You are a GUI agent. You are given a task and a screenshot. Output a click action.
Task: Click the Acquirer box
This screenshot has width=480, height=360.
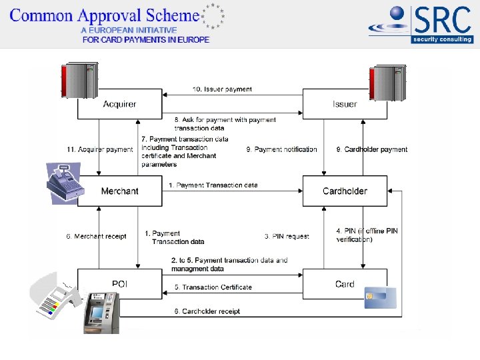120,104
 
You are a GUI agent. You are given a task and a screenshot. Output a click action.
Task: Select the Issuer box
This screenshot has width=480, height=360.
345,104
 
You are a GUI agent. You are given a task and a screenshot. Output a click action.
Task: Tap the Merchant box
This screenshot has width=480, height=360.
120,191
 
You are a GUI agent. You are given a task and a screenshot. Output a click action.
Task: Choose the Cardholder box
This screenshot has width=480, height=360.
345,191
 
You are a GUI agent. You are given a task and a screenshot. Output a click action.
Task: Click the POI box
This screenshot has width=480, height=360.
120,284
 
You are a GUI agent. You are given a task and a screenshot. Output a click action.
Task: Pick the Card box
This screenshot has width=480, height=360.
345,284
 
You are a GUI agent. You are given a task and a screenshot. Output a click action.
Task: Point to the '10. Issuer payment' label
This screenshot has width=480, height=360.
222,89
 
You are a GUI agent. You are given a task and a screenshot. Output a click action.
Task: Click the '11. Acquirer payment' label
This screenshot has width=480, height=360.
100,149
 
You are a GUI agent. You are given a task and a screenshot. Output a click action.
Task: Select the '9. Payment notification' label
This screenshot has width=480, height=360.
281,149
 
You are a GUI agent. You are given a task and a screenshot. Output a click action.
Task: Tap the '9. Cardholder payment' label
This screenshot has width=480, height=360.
371,149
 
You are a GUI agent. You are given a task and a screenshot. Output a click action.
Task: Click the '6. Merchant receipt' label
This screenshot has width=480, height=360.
96,236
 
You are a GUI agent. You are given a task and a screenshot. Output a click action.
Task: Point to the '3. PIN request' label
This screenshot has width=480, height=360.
287,236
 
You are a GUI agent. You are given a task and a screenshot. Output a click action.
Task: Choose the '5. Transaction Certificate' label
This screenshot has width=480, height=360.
213,287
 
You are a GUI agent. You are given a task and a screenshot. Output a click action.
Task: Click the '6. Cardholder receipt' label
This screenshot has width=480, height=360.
207,311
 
